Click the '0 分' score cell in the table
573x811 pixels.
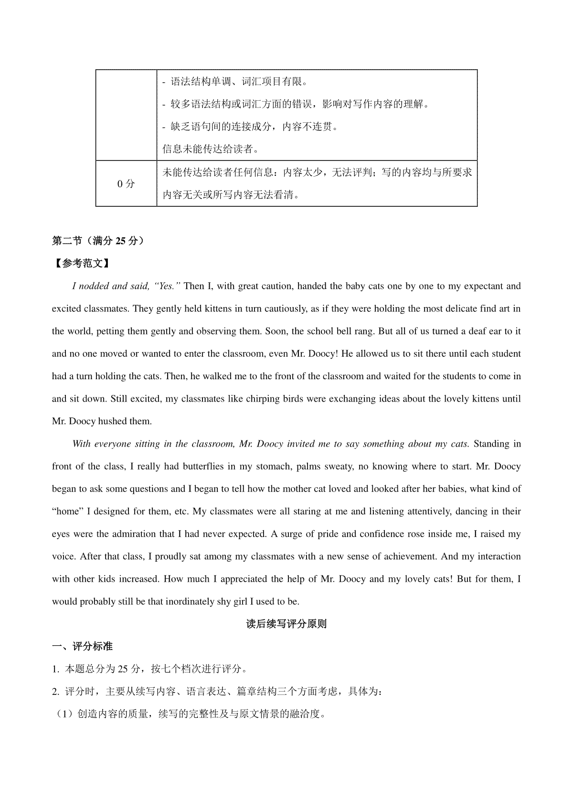126,184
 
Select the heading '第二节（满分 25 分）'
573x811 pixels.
98,241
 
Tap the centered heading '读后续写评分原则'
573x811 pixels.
286,624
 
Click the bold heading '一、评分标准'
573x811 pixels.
82,646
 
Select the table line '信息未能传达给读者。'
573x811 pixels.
211,149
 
